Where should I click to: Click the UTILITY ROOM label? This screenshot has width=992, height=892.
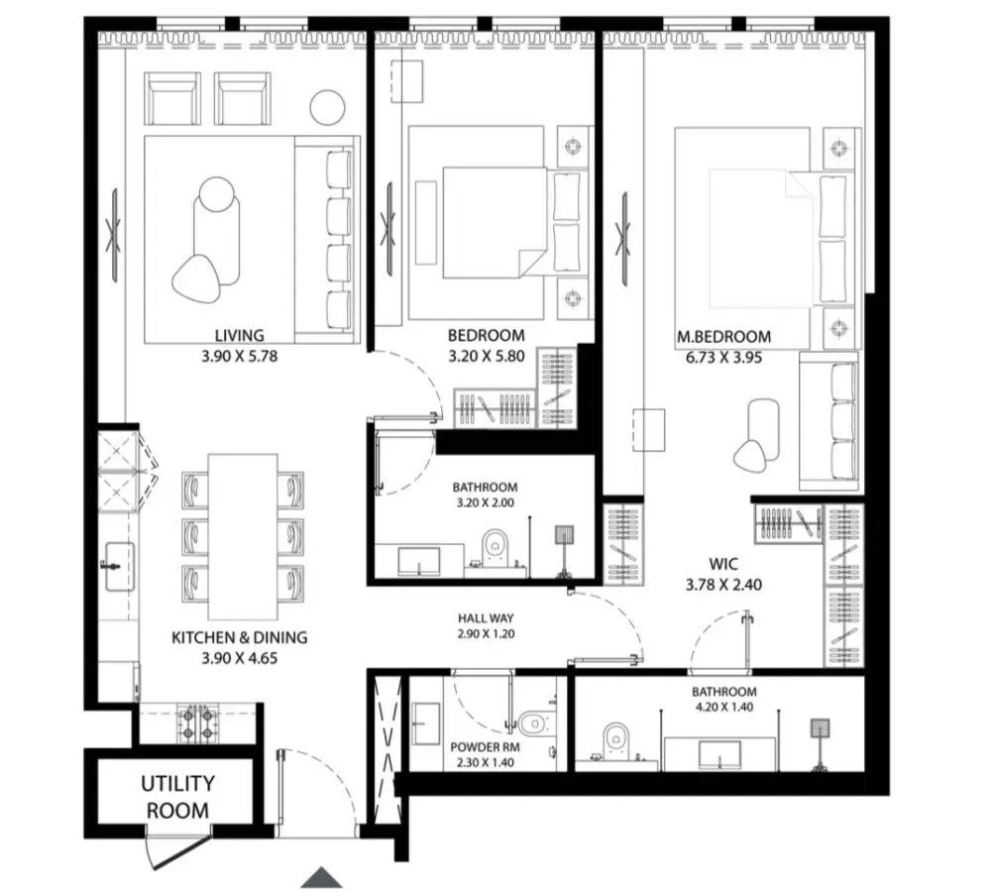click(x=177, y=797)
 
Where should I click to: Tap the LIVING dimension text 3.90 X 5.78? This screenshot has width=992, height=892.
click(x=239, y=356)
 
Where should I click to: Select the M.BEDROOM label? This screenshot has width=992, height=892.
click(x=723, y=337)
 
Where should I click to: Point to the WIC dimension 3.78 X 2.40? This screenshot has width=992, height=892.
click(x=723, y=585)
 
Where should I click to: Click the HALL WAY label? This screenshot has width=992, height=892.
click(x=486, y=618)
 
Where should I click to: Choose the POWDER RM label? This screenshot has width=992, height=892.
click(x=482, y=747)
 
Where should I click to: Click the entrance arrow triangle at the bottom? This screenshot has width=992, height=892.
click(x=321, y=877)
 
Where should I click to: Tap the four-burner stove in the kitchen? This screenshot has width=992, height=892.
click(x=197, y=724)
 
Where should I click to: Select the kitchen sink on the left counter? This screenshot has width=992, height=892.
click(x=119, y=566)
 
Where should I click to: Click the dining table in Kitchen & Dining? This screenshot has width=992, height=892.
click(x=243, y=536)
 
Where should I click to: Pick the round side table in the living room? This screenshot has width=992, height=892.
click(x=327, y=107)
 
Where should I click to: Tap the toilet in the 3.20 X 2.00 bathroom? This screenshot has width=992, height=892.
click(x=495, y=547)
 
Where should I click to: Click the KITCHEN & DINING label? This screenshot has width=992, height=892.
click(x=239, y=637)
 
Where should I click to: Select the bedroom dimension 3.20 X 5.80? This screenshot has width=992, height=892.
click(x=486, y=356)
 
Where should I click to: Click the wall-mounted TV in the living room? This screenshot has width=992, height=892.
click(x=115, y=235)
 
